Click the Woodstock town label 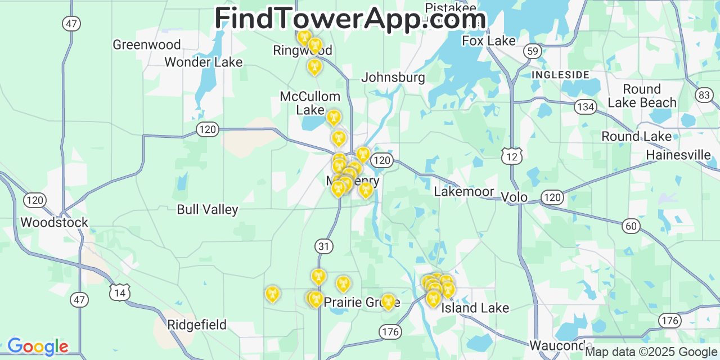tap(55, 222)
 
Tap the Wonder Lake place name tap(203, 62)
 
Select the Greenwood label tap(147, 44)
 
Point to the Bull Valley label tap(208, 210)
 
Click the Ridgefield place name tap(197, 325)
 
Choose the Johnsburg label tap(393, 78)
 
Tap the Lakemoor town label tap(464, 191)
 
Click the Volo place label tap(514, 197)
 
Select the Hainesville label tap(678, 155)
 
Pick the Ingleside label tap(560, 75)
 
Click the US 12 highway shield tap(512, 156)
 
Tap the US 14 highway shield tap(120, 292)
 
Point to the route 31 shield tap(324, 246)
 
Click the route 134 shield tap(585, 106)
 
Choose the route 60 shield tap(631, 226)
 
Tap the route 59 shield tap(532, 51)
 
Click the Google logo tap(38, 346)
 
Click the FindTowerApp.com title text tap(350, 19)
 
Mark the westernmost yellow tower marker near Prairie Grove tap(272, 294)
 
